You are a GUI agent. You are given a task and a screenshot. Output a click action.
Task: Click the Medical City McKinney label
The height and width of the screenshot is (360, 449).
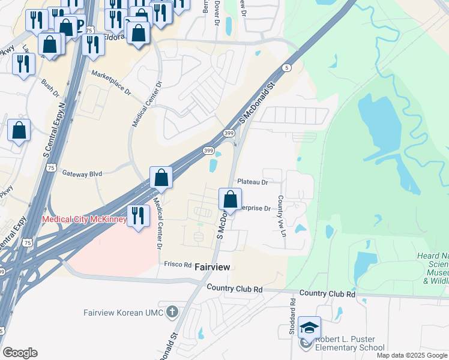point(84,220)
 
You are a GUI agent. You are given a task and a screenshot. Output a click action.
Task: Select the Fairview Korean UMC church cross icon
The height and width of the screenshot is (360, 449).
point(172,312)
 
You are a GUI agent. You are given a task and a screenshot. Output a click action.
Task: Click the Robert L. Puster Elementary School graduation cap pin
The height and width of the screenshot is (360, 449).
point(309,328)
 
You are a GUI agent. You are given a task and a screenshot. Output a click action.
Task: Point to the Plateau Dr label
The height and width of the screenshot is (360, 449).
point(252,181)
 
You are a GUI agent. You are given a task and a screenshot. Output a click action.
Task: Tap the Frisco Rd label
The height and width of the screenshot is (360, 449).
point(177,264)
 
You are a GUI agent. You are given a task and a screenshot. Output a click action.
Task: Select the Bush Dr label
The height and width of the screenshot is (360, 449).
point(50,88)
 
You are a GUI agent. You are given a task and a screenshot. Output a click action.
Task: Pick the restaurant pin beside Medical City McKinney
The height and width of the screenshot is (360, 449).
point(138,215)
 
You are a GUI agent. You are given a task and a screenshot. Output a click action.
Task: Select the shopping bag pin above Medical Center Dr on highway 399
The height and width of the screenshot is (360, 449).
point(161,178)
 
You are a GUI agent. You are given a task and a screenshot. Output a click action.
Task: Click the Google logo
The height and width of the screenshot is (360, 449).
point(20,353)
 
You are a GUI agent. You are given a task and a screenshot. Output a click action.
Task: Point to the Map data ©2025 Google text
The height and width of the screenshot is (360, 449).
point(411,355)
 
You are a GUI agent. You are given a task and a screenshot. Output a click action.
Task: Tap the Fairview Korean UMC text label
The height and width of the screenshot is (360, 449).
point(124,312)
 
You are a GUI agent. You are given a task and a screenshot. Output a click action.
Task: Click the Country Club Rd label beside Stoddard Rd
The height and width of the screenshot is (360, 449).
point(327,294)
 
